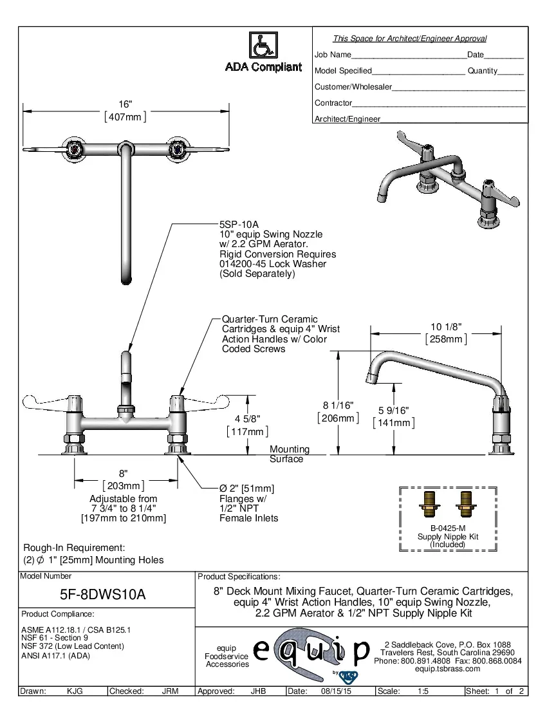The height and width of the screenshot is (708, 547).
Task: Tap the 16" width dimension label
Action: tap(125, 104)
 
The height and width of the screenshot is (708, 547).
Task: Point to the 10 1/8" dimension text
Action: tap(446, 327)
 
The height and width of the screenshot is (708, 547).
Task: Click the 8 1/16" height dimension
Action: tap(338, 405)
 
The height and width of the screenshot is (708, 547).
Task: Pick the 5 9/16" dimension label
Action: tap(393, 411)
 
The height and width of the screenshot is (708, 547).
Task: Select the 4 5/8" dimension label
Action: tap(247, 419)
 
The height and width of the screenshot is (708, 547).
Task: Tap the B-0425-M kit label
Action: tap(448, 528)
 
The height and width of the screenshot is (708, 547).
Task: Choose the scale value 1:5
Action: tap(423, 691)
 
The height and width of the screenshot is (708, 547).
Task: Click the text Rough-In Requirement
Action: tap(74, 547)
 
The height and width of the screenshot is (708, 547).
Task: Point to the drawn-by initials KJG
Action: tap(75, 691)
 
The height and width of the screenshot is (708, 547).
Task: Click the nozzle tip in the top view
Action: tap(126, 278)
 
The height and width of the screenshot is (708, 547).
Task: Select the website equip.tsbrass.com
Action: tap(448, 669)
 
